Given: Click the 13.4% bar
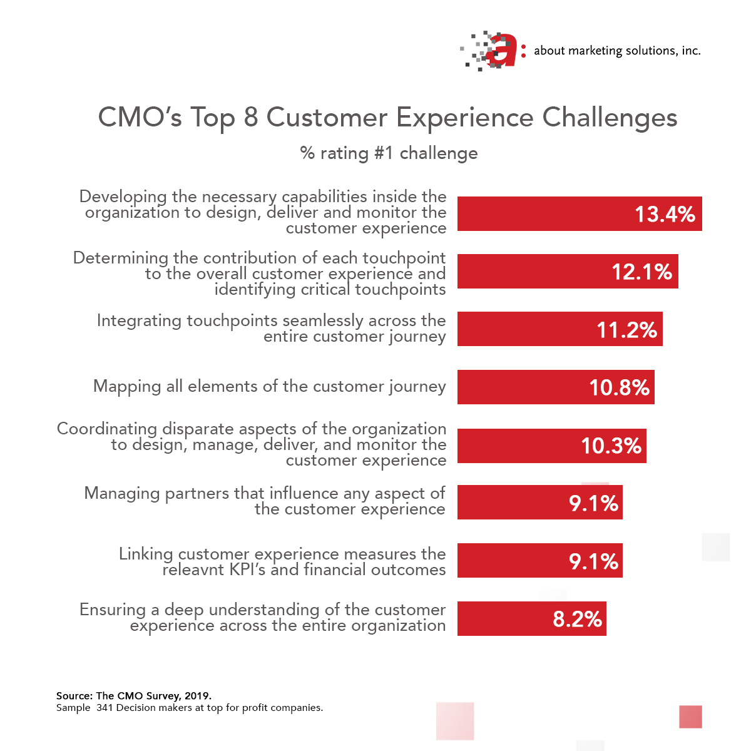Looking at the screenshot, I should [579, 213].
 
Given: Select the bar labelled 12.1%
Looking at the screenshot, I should [567, 271].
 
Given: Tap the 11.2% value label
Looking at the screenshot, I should [626, 329].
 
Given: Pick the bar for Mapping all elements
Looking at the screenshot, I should [555, 387].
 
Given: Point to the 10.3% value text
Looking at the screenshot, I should [611, 446].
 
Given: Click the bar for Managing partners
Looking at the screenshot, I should [539, 502].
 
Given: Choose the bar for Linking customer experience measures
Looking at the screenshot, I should [539, 560].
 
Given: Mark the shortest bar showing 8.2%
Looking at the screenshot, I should [531, 618].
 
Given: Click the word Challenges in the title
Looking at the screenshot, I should [610, 118].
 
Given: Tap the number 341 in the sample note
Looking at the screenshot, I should [105, 708].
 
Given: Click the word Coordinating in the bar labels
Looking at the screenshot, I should [107, 429].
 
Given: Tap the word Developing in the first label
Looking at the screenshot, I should [123, 197].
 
